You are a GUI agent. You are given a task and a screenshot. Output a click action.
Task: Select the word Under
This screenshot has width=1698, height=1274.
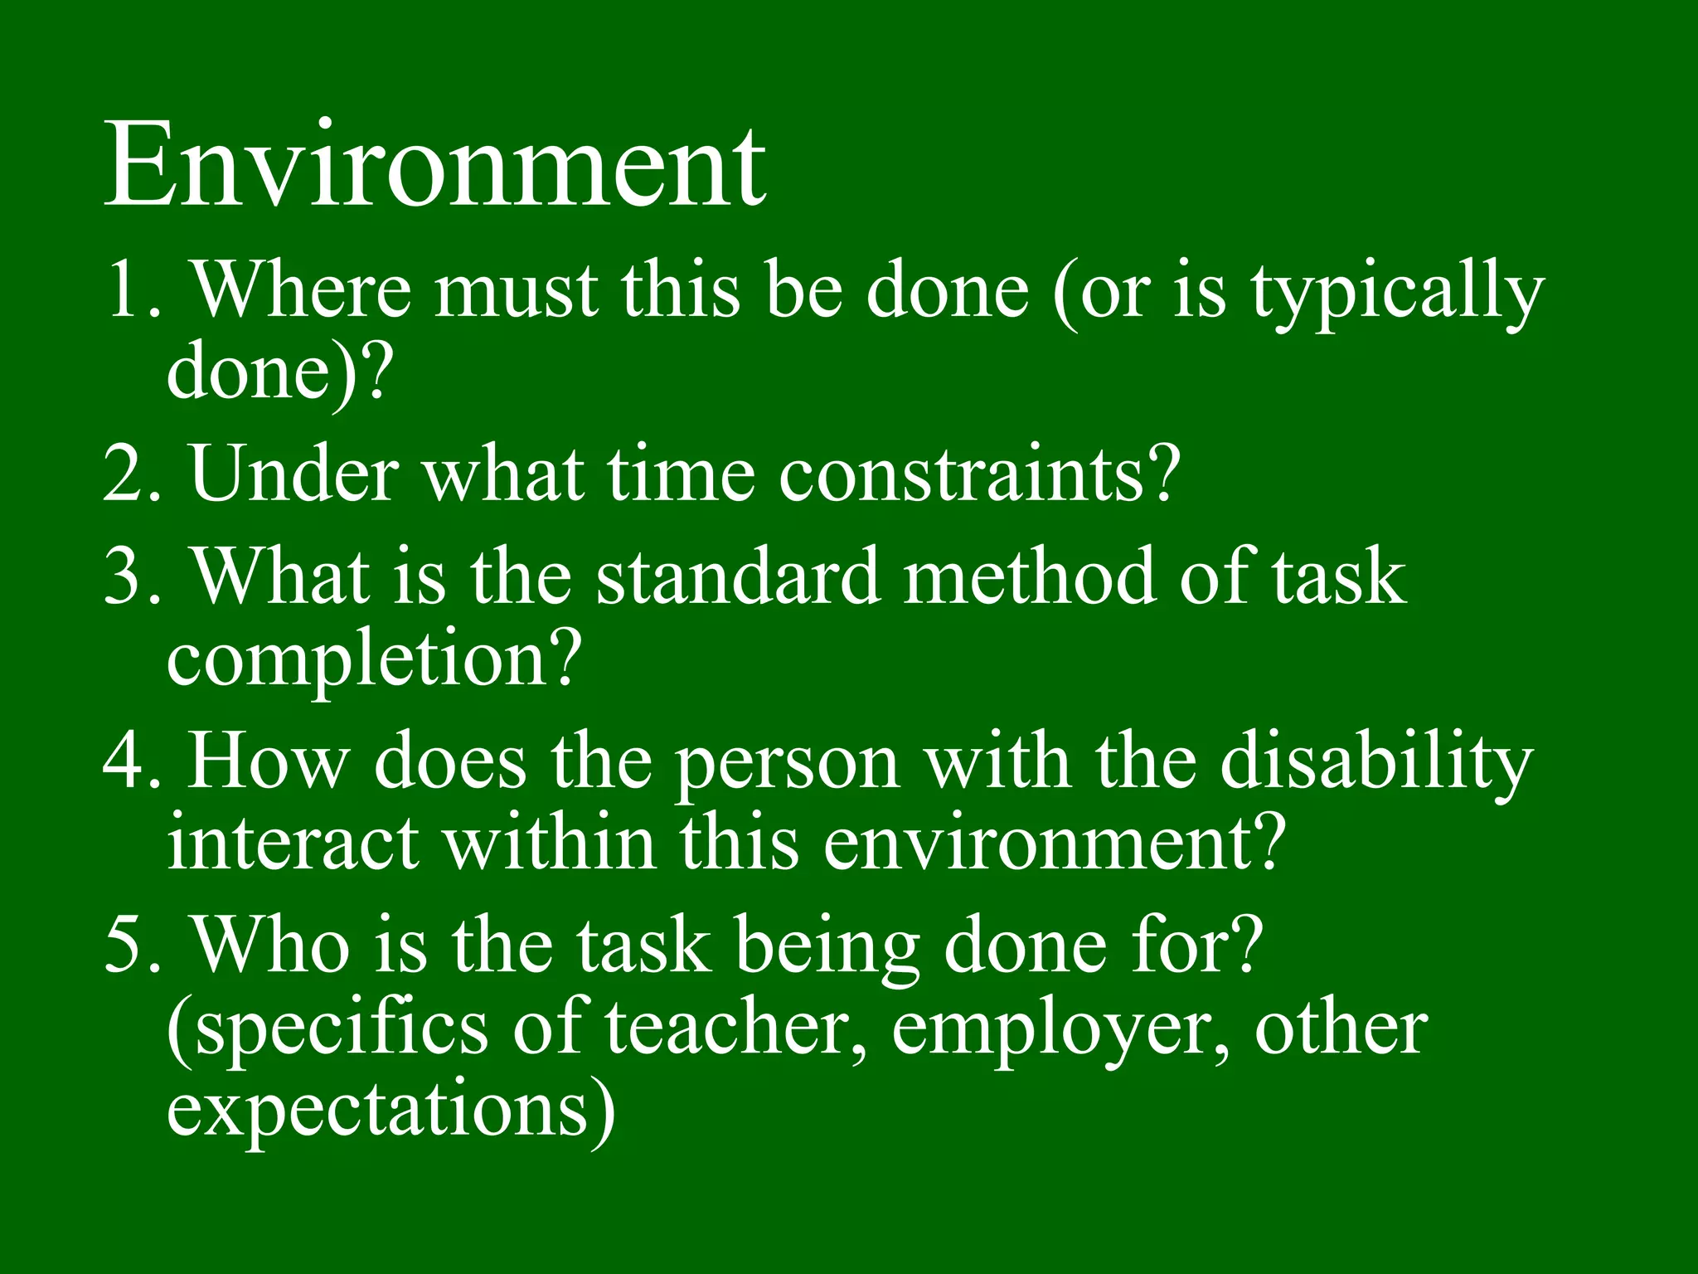point(294,473)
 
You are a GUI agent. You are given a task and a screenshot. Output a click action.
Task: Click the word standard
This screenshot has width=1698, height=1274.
point(736,576)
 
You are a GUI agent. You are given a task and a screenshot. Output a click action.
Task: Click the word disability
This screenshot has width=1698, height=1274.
point(1375,763)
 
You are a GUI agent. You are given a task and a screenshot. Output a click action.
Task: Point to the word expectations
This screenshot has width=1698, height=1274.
point(390,1112)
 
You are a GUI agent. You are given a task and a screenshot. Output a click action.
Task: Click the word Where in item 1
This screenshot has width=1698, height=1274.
point(302,289)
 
